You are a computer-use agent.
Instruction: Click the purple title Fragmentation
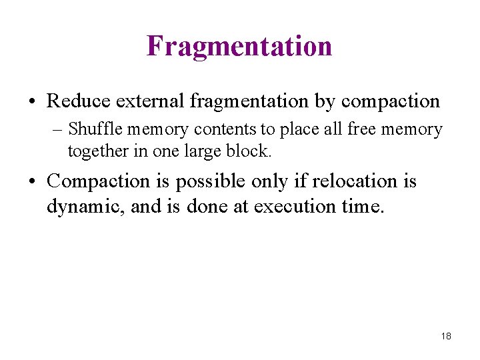[x=239, y=46]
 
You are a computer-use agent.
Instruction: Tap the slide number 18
[x=446, y=336]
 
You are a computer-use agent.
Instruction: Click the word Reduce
[x=79, y=101]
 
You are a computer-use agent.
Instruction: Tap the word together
[x=97, y=151]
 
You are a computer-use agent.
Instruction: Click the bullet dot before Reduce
[x=32, y=103]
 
